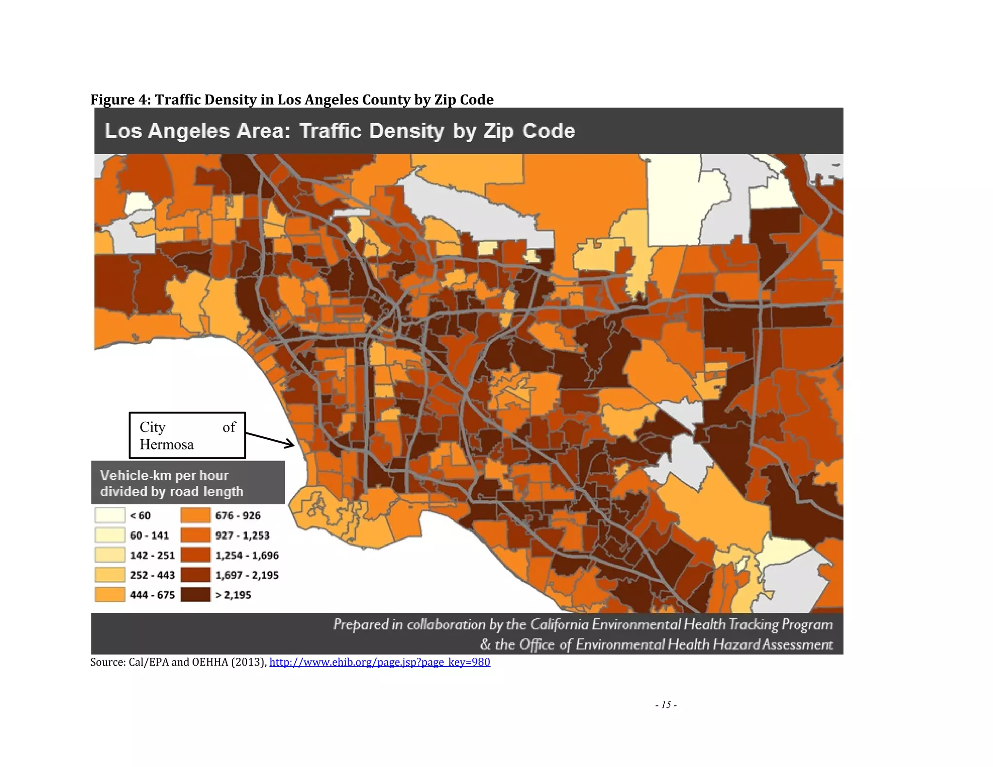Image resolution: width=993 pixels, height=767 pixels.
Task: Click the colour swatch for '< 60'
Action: tap(110, 515)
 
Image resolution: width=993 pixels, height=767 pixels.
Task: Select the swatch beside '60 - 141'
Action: tap(110, 535)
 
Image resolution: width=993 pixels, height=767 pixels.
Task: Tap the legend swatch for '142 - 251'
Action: tap(110, 555)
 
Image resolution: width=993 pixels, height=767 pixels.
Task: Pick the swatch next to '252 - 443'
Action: tap(110, 575)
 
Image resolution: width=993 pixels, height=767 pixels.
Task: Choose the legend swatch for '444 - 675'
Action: tap(110, 594)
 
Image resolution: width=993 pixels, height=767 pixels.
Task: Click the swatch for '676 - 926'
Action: tap(195, 515)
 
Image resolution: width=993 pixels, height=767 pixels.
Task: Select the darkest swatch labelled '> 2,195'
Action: tap(195, 594)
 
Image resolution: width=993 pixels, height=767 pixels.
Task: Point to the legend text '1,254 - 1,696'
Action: tap(247, 555)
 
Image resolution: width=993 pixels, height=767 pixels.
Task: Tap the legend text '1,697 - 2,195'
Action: tap(247, 575)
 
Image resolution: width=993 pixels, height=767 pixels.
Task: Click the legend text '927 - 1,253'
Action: tap(242, 535)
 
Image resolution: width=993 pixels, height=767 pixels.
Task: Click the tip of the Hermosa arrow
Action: tap(293, 445)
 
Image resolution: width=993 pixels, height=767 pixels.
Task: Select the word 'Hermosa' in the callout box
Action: tap(166, 445)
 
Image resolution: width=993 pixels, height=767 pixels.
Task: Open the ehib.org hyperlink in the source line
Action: tap(380, 662)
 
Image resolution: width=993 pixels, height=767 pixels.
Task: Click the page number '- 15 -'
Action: tap(666, 705)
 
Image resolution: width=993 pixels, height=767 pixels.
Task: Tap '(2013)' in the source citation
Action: tap(248, 662)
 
